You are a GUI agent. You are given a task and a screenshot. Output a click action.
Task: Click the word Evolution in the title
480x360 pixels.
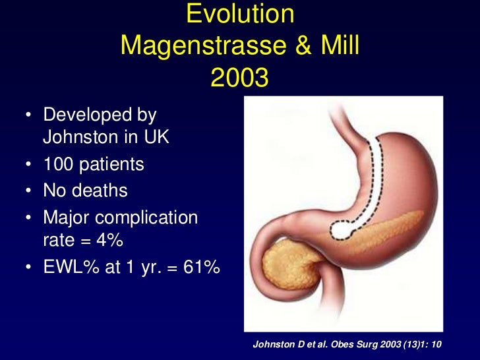[239, 15]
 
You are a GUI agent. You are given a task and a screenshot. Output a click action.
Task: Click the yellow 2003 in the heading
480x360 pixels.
[239, 78]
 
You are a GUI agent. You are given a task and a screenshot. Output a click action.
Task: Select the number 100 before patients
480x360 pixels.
[58, 164]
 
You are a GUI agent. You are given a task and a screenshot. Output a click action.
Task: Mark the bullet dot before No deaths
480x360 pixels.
[29, 191]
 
